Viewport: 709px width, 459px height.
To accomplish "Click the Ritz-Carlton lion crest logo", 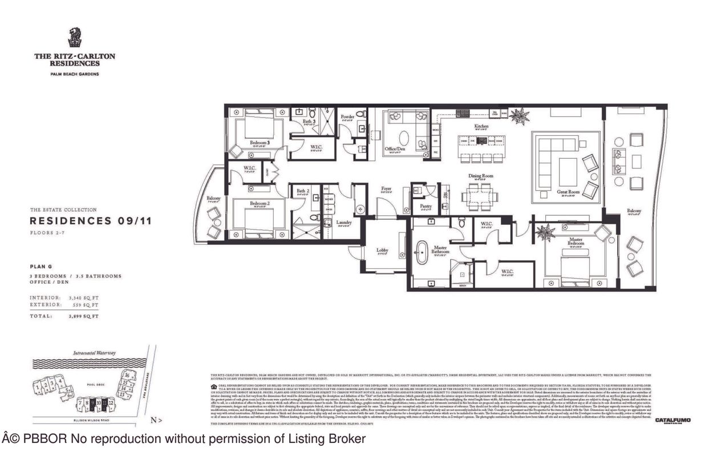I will coord(75,38).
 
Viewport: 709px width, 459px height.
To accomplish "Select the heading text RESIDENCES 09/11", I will coord(90,221).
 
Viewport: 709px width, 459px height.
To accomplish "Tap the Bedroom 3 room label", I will coord(260,142).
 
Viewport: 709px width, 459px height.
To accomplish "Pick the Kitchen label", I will coord(481,126).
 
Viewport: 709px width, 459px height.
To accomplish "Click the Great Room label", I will coord(568,192).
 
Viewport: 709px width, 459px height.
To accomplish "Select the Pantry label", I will coord(426,206).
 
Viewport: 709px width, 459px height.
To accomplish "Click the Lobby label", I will coord(383,249).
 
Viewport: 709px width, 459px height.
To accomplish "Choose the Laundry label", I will coord(343,222).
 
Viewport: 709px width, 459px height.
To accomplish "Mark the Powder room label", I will coord(348,117).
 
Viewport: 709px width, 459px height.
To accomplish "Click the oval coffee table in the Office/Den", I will coord(403,138).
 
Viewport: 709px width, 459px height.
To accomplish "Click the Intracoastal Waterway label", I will coord(94,353).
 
